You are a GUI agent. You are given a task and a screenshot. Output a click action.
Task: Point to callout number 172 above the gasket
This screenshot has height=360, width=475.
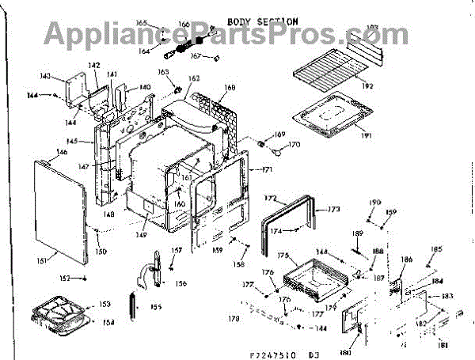click(x=270, y=198)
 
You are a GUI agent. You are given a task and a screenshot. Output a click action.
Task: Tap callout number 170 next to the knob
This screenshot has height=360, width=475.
click(x=294, y=145)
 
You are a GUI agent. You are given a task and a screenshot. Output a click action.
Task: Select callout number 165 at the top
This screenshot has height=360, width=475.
click(x=142, y=24)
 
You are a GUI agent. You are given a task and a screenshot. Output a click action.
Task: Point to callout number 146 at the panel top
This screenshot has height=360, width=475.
click(x=40, y=152)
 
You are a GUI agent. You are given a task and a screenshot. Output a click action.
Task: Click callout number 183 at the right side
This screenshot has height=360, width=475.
click(x=448, y=296)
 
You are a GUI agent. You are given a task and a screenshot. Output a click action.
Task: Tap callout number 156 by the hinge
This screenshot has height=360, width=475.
click(x=181, y=283)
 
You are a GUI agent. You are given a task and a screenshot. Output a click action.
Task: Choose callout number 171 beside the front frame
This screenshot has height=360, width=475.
click(x=266, y=170)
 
